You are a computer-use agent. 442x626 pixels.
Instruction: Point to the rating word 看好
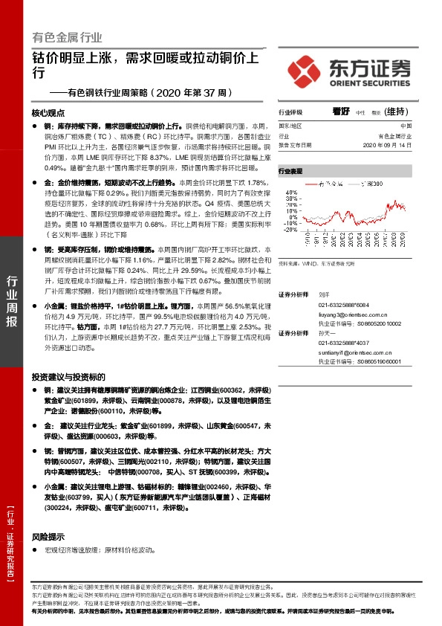[341, 111]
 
